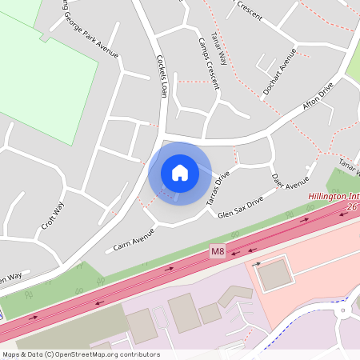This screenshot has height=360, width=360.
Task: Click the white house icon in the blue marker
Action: (x=180, y=173)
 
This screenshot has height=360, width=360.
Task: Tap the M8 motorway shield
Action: (x=218, y=251)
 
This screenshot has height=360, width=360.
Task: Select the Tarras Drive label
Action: (x=218, y=187)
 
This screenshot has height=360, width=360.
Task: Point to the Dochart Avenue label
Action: (x=282, y=68)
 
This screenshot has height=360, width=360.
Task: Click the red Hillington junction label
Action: (x=333, y=195)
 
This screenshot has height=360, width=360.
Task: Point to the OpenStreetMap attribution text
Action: (x=80, y=354)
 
